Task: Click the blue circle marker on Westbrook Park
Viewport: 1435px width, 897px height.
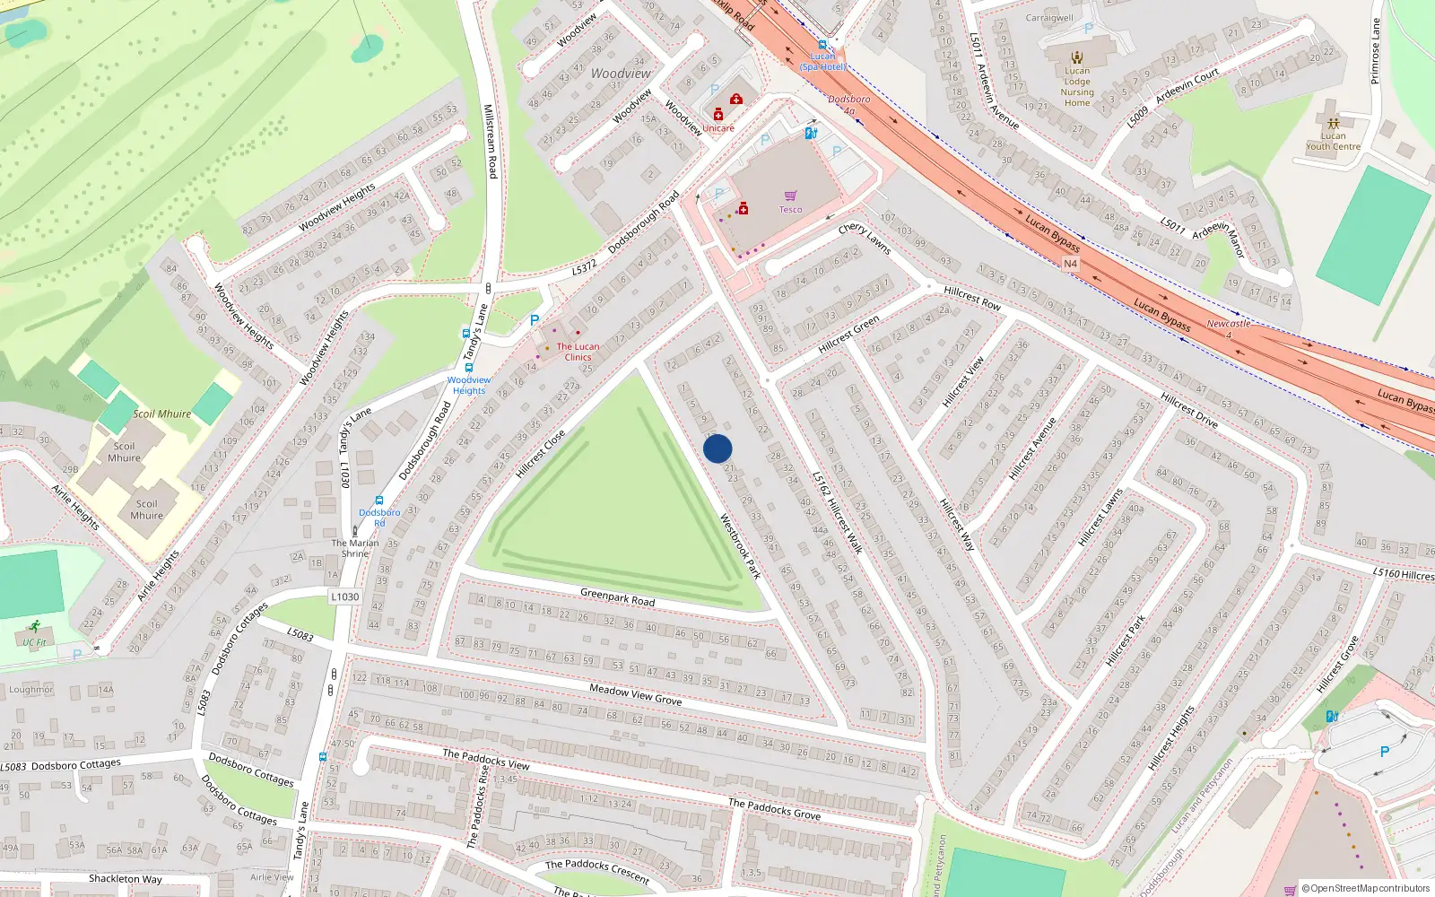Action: point(717,448)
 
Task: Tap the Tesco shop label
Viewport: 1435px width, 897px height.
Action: point(790,210)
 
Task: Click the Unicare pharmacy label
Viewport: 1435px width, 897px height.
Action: point(717,128)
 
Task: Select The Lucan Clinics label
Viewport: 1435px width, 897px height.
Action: point(578,352)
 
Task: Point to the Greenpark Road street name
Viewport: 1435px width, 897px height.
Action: point(617,597)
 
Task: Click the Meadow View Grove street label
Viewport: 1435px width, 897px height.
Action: point(635,693)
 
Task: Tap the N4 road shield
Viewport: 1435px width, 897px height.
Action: point(1070,264)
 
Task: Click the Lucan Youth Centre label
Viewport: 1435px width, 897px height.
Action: point(1333,142)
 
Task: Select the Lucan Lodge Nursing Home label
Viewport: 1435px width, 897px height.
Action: point(1077,87)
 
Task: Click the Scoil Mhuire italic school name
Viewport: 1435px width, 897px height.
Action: point(162,414)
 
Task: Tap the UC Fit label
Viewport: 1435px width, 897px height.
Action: point(35,642)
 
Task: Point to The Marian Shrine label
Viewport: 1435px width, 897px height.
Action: point(355,548)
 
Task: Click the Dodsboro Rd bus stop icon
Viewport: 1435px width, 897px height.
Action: point(379,501)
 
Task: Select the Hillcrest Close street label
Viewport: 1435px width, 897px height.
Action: point(540,454)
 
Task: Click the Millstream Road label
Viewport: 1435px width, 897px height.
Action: point(490,141)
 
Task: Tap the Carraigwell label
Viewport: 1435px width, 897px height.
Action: point(1049,18)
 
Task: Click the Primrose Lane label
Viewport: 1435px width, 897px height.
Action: point(1375,51)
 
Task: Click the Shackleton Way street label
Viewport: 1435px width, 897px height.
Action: point(126,879)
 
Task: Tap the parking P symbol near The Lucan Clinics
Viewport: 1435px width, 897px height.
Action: point(535,320)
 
